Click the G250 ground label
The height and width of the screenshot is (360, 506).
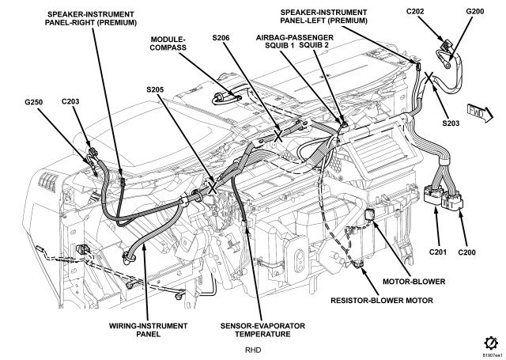click(x=33, y=102)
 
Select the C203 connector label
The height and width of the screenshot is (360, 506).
click(x=70, y=102)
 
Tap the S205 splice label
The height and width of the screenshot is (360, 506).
click(x=155, y=89)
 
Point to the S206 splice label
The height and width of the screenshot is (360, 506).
click(x=221, y=38)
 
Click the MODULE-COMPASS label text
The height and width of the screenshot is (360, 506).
click(x=168, y=44)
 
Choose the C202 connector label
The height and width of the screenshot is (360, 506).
click(x=415, y=12)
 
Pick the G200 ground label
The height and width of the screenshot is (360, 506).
click(x=475, y=12)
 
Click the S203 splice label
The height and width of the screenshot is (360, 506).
click(x=451, y=123)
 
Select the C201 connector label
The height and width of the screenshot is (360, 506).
click(x=438, y=252)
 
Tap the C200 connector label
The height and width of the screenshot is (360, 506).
click(x=467, y=252)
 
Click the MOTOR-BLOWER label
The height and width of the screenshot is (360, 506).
click(x=413, y=282)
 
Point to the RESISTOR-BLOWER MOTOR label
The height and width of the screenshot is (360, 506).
click(x=382, y=301)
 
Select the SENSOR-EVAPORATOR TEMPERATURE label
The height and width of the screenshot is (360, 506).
click(x=262, y=330)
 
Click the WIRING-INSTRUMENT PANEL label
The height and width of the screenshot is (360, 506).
click(x=148, y=330)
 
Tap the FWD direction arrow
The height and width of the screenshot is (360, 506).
click(x=480, y=113)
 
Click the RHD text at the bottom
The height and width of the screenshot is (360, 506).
click(x=253, y=350)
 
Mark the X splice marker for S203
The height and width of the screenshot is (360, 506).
click(x=429, y=78)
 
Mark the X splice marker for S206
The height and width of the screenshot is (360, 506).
click(x=278, y=135)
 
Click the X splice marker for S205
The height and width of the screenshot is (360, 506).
click(x=212, y=188)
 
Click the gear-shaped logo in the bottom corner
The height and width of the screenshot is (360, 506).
click(x=490, y=343)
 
